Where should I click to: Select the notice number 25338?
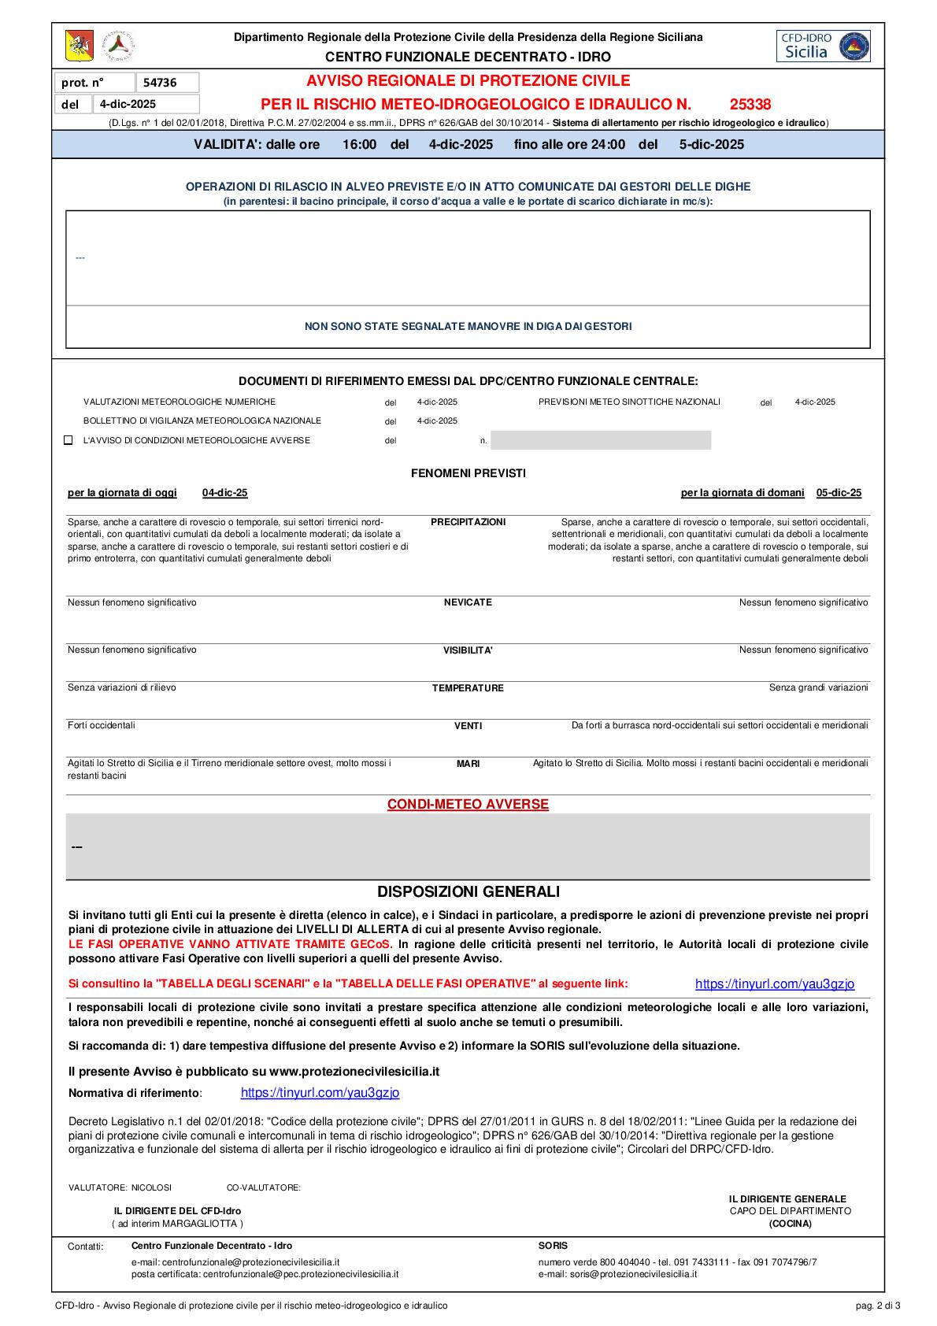point(750,104)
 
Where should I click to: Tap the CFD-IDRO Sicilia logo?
point(824,46)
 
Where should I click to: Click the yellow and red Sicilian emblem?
point(79,46)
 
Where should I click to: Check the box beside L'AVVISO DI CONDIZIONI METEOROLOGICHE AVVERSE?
point(69,440)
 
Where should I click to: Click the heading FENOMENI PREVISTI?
point(468,473)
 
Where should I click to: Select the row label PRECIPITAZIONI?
point(468,522)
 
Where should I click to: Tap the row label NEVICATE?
point(468,602)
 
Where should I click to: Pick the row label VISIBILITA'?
point(468,650)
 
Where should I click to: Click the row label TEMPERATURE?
point(468,688)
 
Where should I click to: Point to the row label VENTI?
point(468,726)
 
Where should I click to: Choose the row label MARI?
point(468,764)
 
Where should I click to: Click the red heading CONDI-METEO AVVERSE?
point(468,804)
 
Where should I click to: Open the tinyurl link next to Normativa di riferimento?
point(320,1093)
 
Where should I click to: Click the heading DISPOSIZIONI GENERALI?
point(468,892)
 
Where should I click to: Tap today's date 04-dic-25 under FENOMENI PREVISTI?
point(224,493)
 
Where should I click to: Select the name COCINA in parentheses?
point(790,1224)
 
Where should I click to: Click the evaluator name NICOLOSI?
point(151,1187)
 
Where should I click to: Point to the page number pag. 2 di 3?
point(877,1306)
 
